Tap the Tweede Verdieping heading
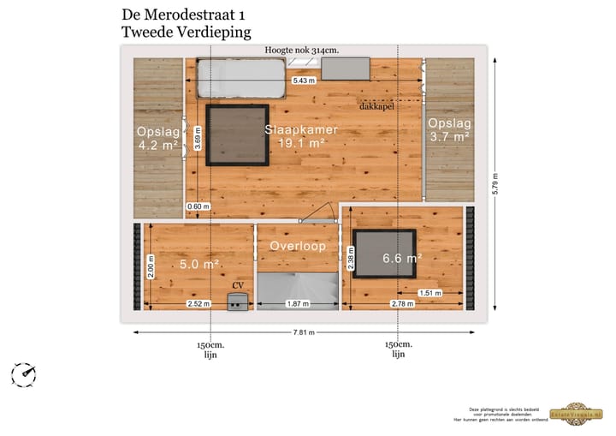[187, 33]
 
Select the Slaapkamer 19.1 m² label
[301, 136]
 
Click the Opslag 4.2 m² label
[157, 138]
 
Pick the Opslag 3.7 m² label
[449, 129]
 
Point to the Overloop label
[298, 246]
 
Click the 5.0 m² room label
[199, 264]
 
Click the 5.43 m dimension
[304, 81]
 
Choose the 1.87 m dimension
[298, 304]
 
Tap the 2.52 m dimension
[198, 304]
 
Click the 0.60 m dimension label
[198, 206]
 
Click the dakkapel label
[376, 107]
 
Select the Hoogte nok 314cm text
[302, 51]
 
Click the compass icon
[24, 373]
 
